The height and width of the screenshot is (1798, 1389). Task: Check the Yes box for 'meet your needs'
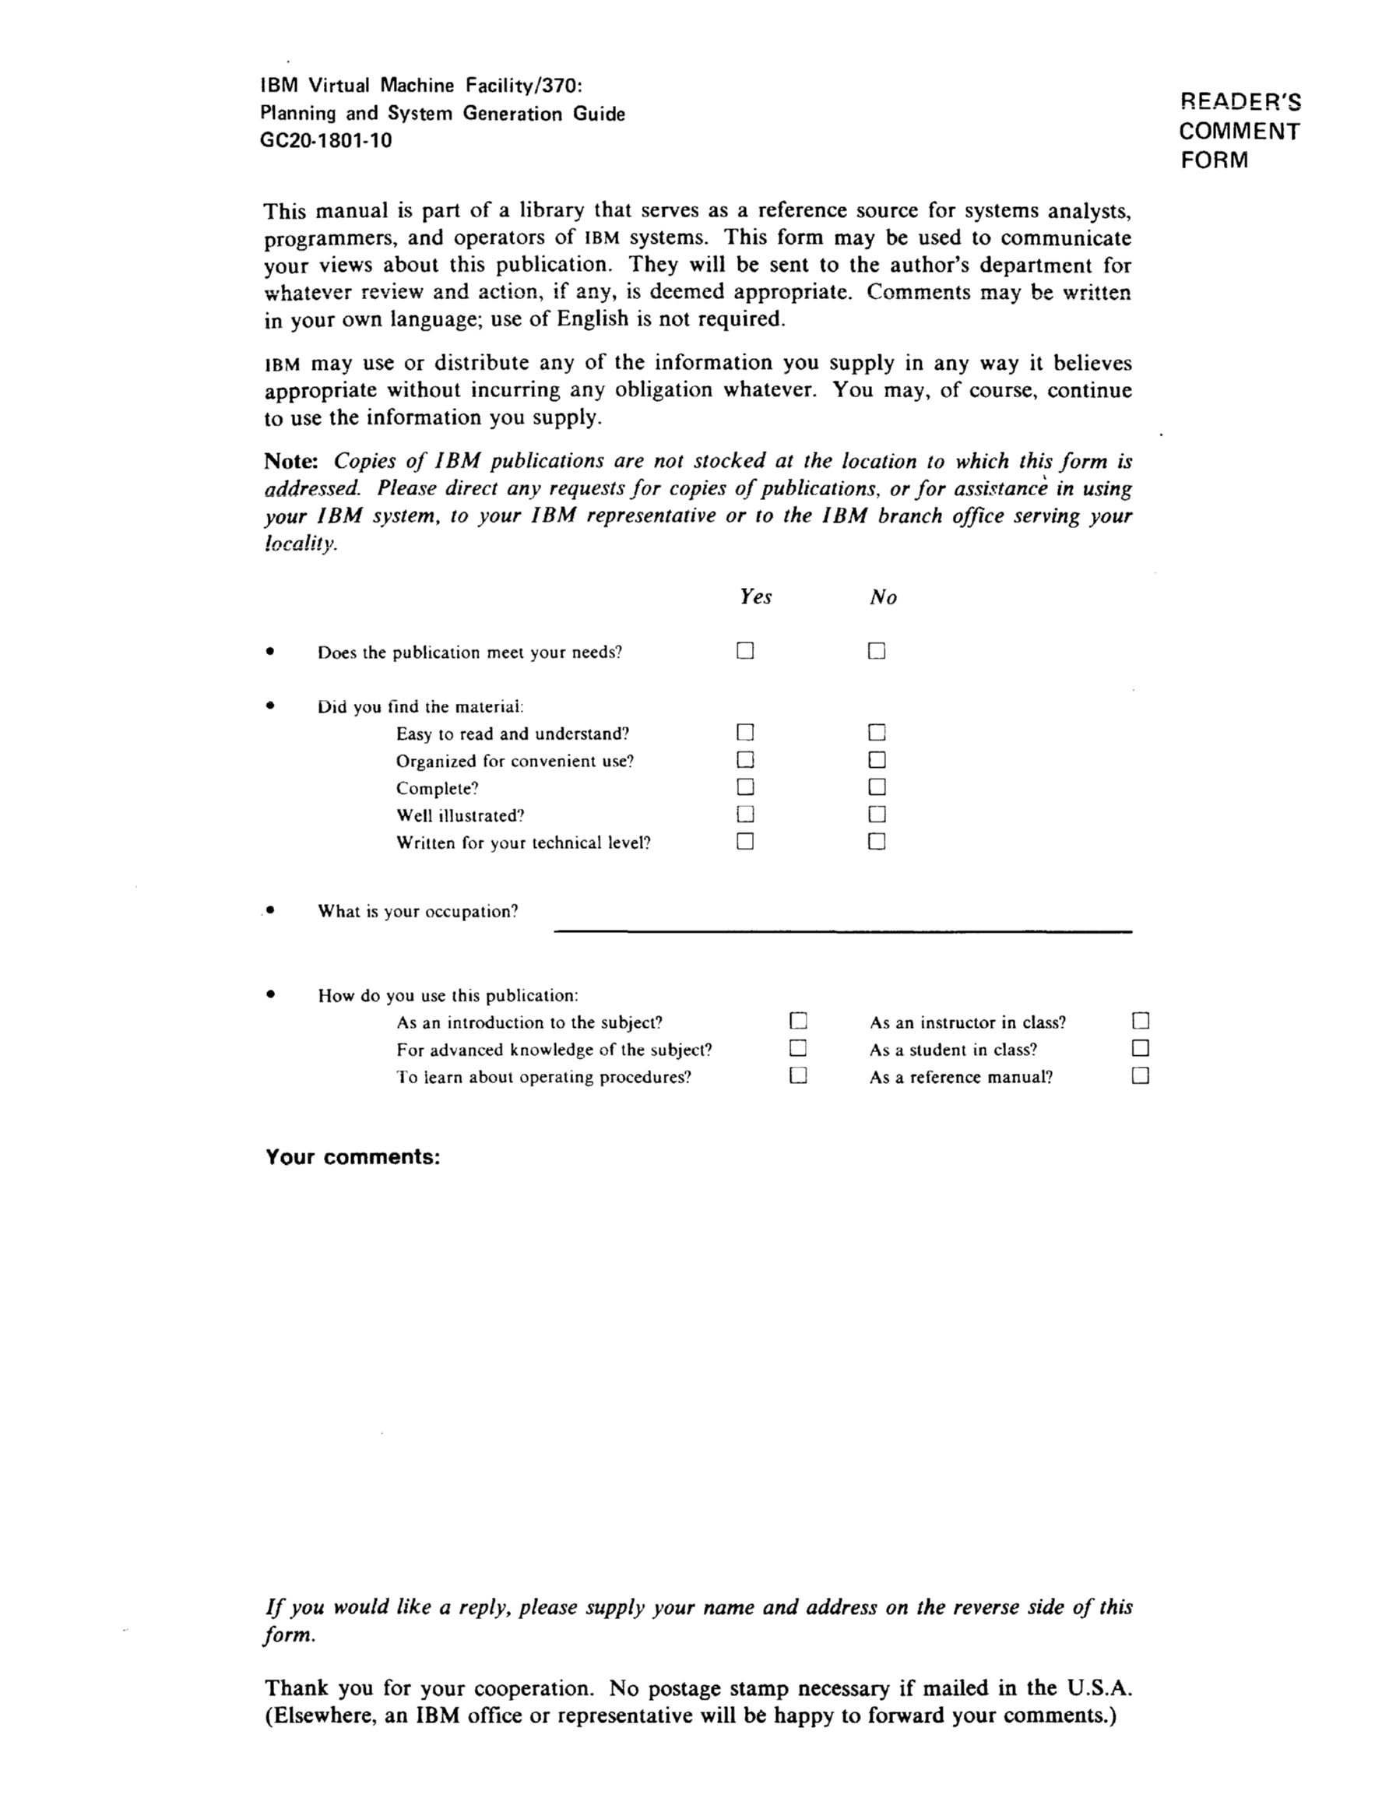point(745,651)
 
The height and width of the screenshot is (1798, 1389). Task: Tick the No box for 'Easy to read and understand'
point(877,733)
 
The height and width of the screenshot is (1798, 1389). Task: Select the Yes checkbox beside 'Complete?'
point(745,787)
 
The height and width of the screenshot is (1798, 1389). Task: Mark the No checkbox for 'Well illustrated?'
point(877,815)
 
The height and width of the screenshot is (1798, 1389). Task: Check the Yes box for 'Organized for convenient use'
point(745,760)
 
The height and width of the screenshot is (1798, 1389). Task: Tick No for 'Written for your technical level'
point(877,841)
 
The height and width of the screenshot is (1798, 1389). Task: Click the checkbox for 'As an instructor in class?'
point(1141,1022)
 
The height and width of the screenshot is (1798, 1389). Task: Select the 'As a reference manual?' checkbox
point(1141,1076)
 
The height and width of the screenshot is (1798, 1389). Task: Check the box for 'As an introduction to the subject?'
point(798,1022)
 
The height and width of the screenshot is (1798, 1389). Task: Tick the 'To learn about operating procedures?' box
point(798,1076)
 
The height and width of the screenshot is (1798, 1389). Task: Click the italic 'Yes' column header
point(755,596)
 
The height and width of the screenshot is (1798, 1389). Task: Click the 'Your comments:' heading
point(353,1156)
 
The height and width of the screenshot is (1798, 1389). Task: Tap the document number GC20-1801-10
point(326,141)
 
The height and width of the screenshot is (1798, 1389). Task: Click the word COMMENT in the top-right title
point(1240,132)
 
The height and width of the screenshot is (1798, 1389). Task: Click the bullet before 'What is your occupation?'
point(269,910)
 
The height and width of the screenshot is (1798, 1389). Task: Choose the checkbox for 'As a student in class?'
point(1141,1049)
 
